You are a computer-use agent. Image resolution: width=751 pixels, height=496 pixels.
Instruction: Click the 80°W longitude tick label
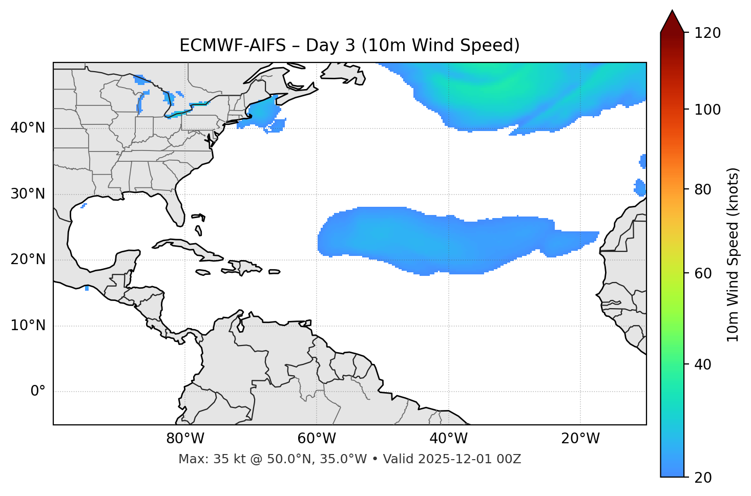click(x=185, y=439)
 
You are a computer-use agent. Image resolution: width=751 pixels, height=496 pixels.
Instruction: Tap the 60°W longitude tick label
click(x=317, y=439)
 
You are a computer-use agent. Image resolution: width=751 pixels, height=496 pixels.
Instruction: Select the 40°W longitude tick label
click(x=448, y=439)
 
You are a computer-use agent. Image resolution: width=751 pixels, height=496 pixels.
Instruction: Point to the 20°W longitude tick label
click(x=580, y=439)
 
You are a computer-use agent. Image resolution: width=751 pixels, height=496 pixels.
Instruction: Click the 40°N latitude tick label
click(x=28, y=128)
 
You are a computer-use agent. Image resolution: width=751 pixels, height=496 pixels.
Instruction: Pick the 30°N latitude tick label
click(x=28, y=194)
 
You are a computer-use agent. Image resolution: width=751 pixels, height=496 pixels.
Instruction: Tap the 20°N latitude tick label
click(x=28, y=260)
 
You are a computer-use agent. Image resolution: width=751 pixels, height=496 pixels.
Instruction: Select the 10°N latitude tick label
click(x=28, y=326)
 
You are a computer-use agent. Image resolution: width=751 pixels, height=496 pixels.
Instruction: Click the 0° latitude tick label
click(x=37, y=392)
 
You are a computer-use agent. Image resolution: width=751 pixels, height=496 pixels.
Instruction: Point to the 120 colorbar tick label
click(x=707, y=33)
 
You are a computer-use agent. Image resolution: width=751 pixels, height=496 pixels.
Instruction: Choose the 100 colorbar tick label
click(x=707, y=110)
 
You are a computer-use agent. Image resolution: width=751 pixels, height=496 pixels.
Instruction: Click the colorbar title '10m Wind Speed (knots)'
click(x=733, y=254)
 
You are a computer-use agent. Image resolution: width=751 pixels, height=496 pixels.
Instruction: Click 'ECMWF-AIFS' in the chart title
click(x=233, y=46)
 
